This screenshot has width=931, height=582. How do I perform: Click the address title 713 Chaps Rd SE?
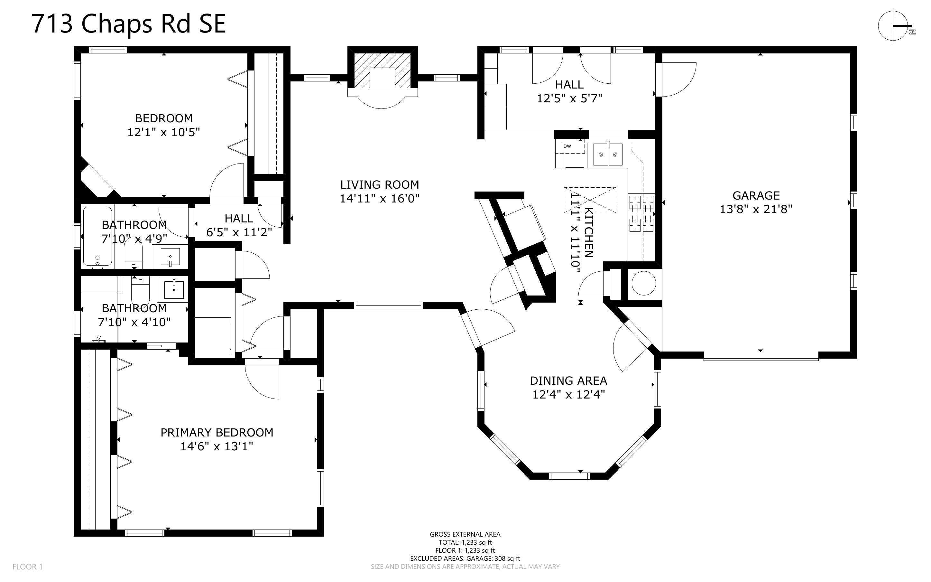[x=129, y=24]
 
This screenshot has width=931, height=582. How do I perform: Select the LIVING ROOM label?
[x=380, y=185]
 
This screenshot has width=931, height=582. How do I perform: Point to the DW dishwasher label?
[x=567, y=146]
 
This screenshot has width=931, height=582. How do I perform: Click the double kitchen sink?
[x=608, y=154]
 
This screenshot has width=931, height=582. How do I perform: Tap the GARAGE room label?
[x=756, y=195]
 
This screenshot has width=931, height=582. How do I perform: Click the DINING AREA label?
[x=568, y=381]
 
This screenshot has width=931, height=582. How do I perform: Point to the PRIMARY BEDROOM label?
[x=217, y=433]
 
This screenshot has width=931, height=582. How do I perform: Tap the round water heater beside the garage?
[x=643, y=283]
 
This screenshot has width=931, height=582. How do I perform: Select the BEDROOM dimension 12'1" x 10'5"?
[x=164, y=132]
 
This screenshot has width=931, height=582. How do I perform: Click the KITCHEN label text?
[x=588, y=232]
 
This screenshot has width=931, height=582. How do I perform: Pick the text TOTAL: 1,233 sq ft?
[x=465, y=542]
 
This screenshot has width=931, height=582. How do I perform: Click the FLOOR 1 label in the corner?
[x=27, y=567]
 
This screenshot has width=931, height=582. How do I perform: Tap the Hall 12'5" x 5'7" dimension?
[x=569, y=99]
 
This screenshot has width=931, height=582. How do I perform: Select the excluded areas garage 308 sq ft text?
[x=465, y=558]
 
